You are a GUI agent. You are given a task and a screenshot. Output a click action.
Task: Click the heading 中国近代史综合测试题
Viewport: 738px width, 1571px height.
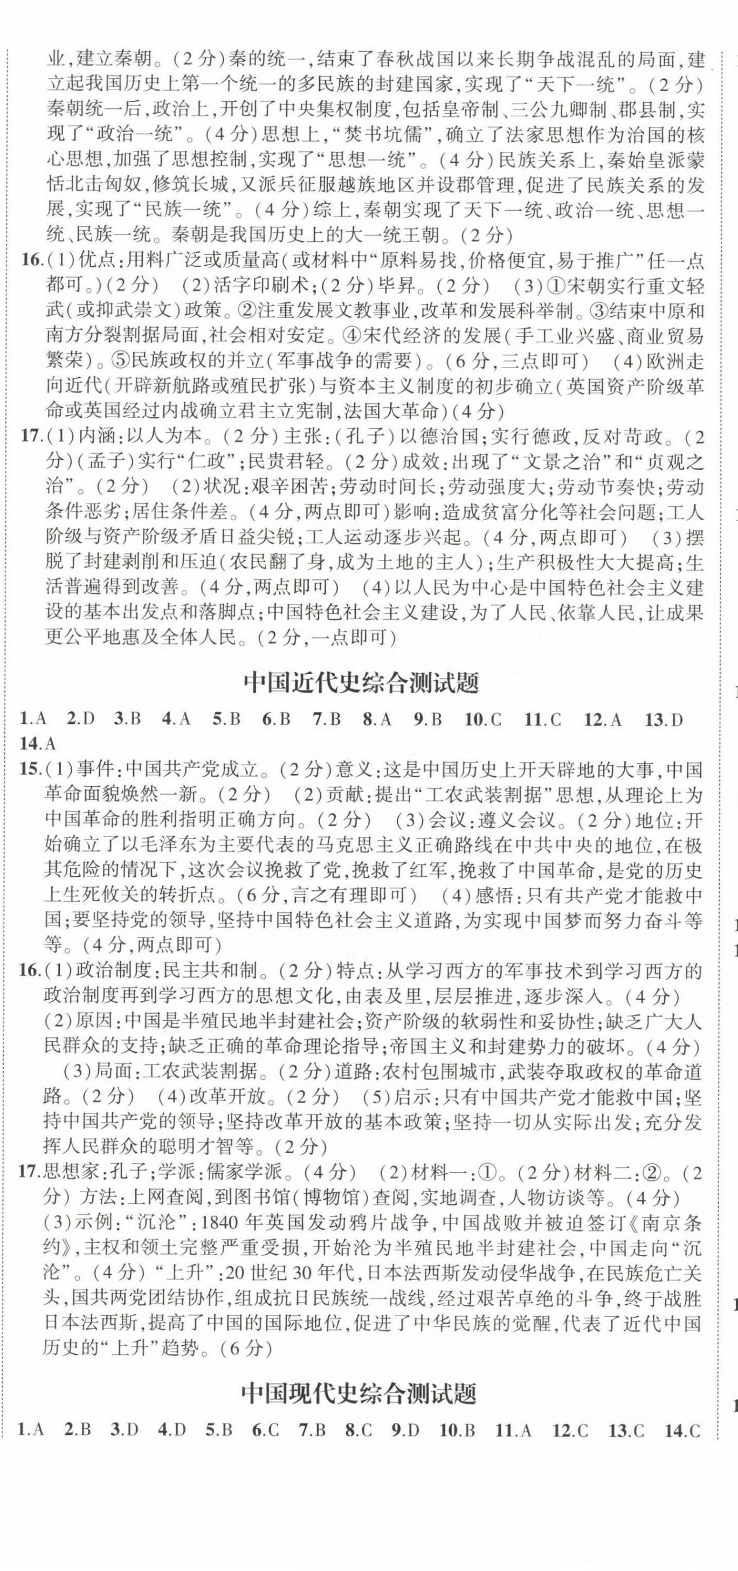[x=361, y=683]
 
